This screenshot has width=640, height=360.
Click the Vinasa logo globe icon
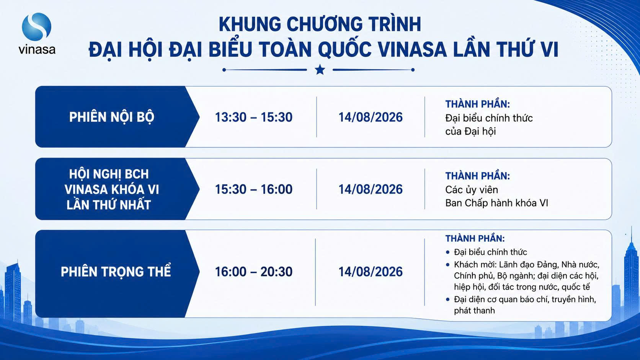(36, 26)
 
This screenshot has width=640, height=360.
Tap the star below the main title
(320, 70)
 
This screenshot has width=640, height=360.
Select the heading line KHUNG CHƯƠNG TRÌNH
(320, 24)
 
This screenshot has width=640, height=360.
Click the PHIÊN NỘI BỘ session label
(112, 117)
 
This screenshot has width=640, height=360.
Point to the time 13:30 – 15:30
(253, 117)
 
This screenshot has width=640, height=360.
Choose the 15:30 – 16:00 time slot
(253, 189)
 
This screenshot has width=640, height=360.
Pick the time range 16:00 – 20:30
(253, 272)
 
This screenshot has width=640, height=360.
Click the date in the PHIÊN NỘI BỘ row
(371, 117)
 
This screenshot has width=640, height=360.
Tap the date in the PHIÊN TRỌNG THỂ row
(371, 272)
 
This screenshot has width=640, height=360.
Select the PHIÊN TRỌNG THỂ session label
(116, 271)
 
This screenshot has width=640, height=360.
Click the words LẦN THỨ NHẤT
(109, 205)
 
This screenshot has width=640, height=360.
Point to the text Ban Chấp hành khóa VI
(496, 203)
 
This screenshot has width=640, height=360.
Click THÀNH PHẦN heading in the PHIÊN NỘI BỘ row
(478, 104)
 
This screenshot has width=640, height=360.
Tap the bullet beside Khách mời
(448, 265)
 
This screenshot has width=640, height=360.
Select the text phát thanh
(474, 311)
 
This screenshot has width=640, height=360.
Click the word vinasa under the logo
(37, 49)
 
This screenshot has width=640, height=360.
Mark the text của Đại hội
(470, 131)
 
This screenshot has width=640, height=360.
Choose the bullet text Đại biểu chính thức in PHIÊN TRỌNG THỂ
(490, 252)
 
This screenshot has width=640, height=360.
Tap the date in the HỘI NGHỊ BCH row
(371, 189)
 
